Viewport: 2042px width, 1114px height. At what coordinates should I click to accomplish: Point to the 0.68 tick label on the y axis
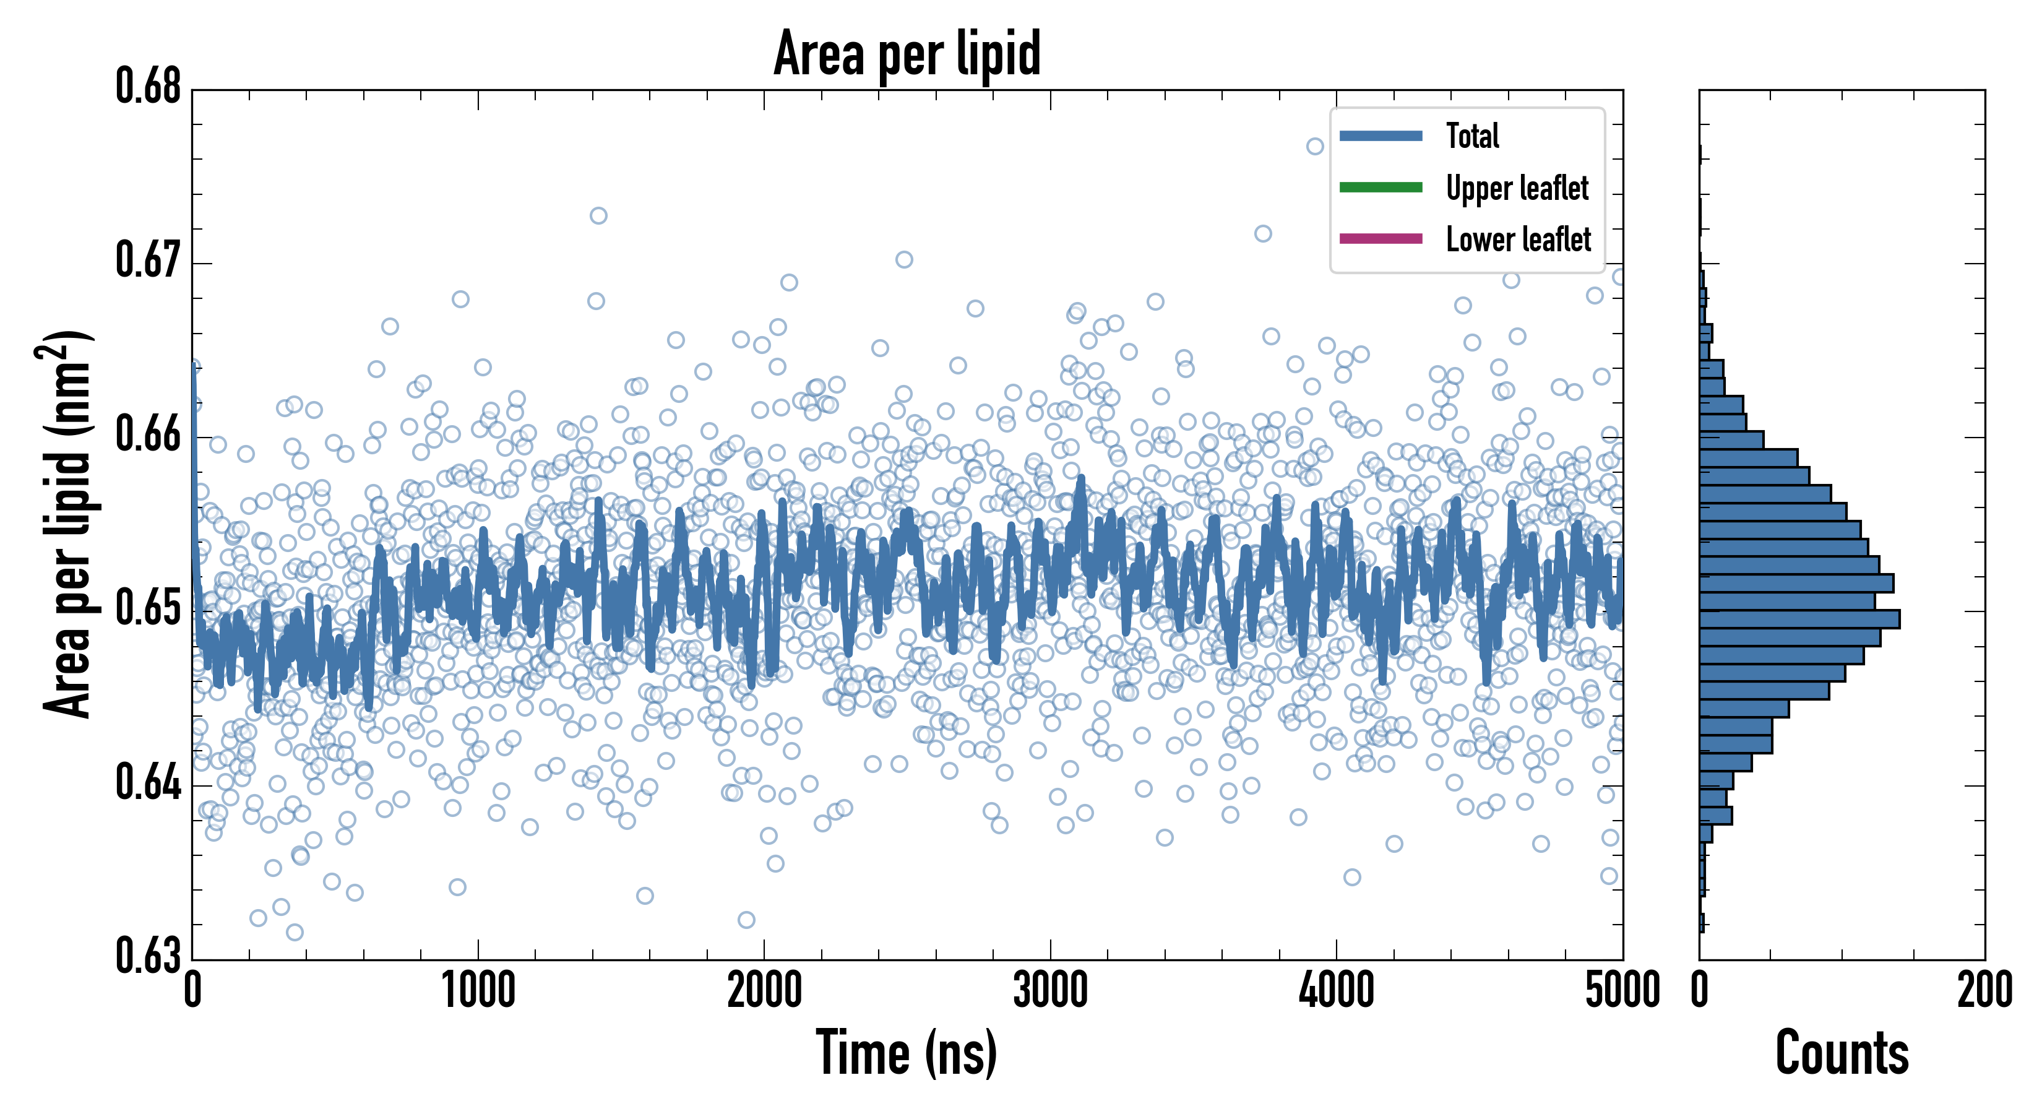[149, 87]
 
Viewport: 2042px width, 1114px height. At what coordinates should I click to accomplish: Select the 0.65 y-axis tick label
[149, 608]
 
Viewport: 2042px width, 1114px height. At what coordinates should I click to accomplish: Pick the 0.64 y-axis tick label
[149, 782]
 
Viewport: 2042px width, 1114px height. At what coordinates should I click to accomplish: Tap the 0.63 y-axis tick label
[149, 956]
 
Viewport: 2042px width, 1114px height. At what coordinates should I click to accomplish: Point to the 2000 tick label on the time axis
[764, 991]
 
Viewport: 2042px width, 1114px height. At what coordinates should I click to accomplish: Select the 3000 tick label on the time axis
[1050, 991]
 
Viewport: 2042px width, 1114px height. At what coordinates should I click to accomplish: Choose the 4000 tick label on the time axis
[1337, 991]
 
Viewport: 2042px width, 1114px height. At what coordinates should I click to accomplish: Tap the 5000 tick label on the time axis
[1622, 991]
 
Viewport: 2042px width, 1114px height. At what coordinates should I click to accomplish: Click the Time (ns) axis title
[907, 1053]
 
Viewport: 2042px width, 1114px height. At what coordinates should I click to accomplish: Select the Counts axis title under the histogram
[1842, 1053]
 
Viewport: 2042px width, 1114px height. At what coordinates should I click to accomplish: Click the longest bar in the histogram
[1799, 620]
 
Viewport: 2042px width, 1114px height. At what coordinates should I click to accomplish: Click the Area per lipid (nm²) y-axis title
[67, 524]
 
